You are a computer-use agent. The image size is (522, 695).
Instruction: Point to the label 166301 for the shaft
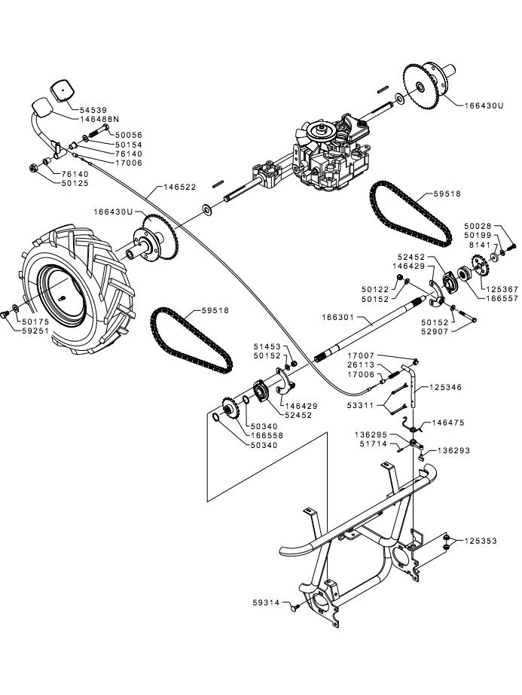(339, 319)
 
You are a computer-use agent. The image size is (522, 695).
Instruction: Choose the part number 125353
(481, 541)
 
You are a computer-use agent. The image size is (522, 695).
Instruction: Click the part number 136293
(454, 450)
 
